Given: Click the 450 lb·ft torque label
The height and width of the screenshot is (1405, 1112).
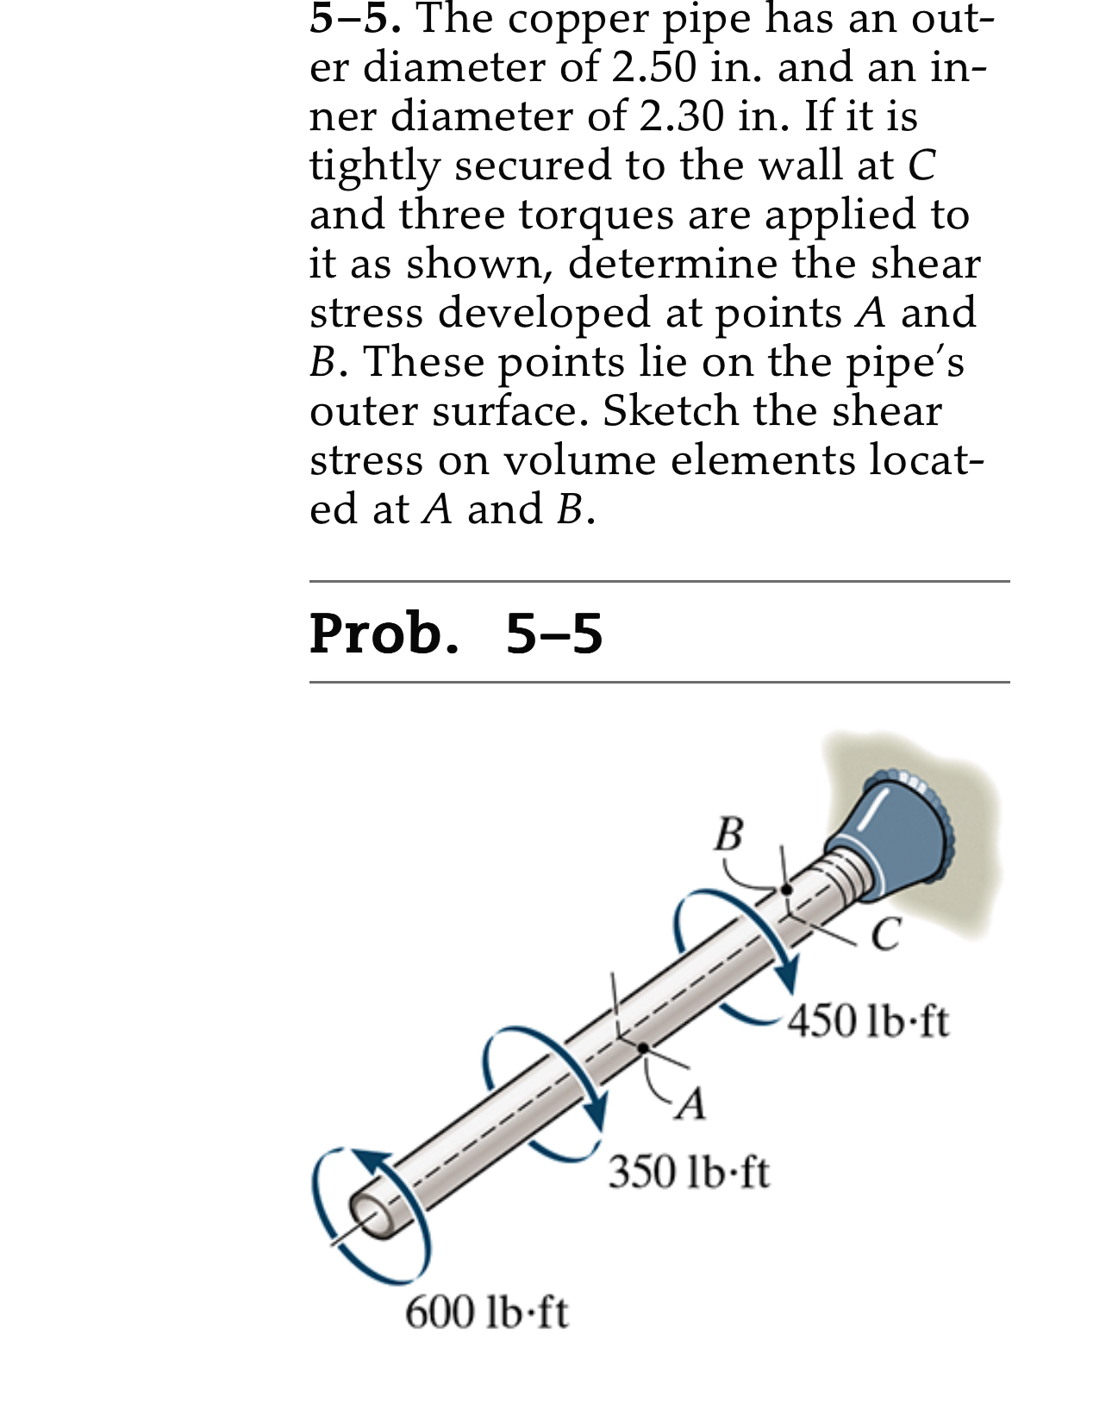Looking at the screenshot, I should pyautogui.click(x=868, y=1021).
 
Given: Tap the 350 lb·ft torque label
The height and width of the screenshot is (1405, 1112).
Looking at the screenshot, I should pyautogui.click(x=688, y=1172).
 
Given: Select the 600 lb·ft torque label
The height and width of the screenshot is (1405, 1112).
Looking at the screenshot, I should pyautogui.click(x=486, y=1312).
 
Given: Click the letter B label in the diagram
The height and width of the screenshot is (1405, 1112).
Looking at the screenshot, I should pyautogui.click(x=728, y=834).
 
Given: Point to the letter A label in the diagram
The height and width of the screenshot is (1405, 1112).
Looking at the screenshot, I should pyautogui.click(x=690, y=1102).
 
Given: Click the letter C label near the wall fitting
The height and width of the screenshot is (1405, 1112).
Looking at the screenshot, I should pyautogui.click(x=885, y=934).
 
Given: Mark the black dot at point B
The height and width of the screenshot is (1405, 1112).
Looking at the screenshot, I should pyautogui.click(x=786, y=890).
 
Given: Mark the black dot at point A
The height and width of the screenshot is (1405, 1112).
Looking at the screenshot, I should pyautogui.click(x=643, y=1047).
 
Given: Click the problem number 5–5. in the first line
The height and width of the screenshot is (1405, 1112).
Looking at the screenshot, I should pyautogui.click(x=354, y=19).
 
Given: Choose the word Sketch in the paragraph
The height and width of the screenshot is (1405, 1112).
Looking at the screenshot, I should pyautogui.click(x=670, y=410).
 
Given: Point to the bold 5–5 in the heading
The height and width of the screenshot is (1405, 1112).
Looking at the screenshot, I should pyautogui.click(x=553, y=633).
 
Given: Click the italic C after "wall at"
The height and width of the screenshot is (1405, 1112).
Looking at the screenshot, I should pyautogui.click(x=921, y=165).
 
